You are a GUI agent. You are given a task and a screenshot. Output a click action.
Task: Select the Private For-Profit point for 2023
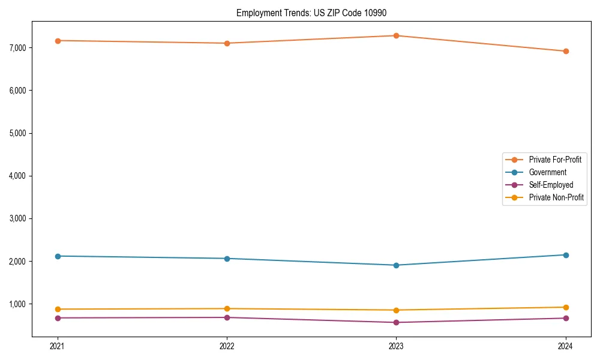[396, 35]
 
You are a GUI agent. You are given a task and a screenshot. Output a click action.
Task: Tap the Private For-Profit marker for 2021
[57, 41]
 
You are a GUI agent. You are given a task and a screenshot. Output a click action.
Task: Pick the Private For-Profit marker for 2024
[566, 51]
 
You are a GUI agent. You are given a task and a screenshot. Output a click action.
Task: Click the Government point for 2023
[396, 265]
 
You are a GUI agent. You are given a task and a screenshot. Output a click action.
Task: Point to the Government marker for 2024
[566, 255]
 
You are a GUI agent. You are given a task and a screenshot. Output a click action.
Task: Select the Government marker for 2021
[57, 256]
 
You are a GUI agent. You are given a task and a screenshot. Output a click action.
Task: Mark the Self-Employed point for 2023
[396, 322]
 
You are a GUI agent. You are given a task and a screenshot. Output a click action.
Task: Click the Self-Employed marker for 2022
[227, 317]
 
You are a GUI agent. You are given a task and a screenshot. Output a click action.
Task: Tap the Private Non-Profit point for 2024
[566, 307]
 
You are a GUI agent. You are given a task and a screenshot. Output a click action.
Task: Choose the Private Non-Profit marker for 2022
[227, 308]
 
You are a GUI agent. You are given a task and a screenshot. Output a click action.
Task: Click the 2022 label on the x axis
[227, 346]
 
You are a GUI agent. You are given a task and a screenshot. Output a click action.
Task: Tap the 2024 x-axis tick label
[566, 346]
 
